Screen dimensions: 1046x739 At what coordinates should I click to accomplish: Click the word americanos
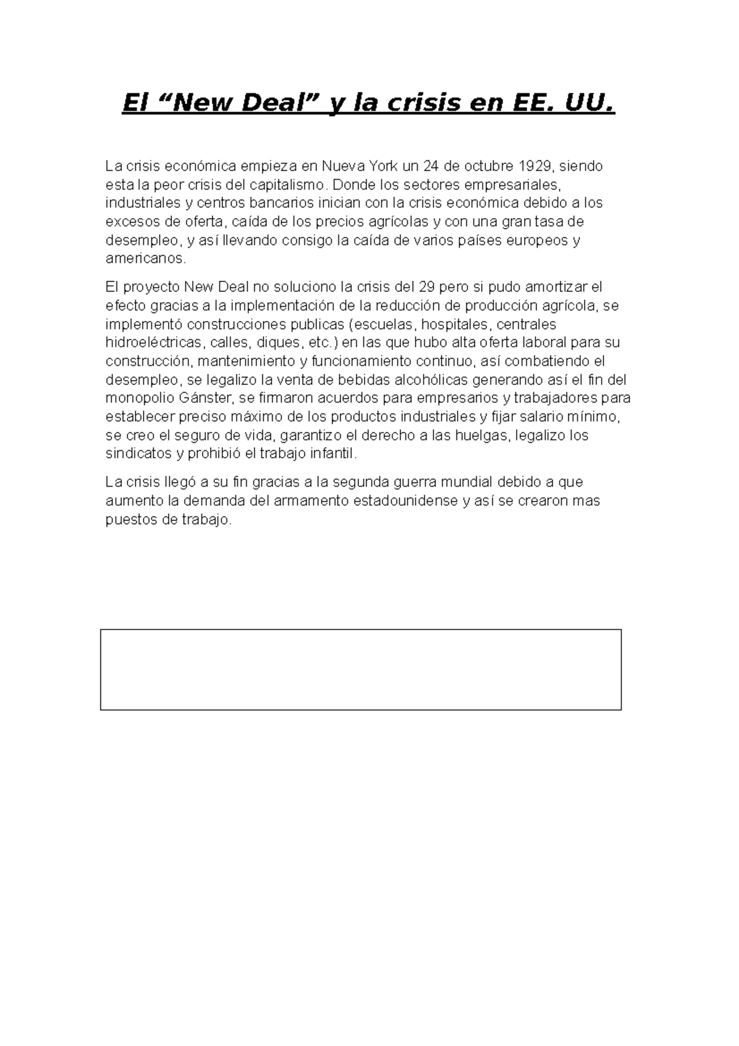click(145, 258)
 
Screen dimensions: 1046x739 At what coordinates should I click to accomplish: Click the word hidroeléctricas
click(154, 343)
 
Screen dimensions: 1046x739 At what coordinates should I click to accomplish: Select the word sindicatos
click(138, 454)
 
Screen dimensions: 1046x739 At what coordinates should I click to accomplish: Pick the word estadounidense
click(405, 500)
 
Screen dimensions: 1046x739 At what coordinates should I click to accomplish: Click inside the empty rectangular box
click(360, 669)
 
